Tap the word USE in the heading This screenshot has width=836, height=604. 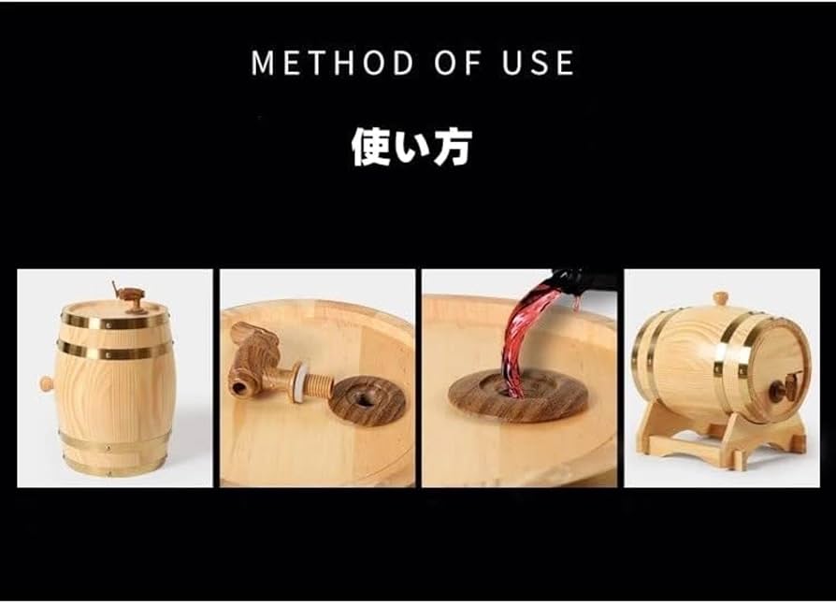pos(538,63)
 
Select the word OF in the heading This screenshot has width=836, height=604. pos(453,63)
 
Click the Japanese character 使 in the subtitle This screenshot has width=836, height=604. pos(370,147)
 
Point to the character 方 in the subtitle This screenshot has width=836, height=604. pos(453,147)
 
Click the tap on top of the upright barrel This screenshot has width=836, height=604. pos(130,297)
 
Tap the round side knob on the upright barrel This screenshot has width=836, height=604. pos(45,383)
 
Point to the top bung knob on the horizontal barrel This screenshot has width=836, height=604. pos(720,298)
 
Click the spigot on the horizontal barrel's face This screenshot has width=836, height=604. pos(784,386)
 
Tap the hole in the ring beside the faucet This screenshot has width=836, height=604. pos(368,396)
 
